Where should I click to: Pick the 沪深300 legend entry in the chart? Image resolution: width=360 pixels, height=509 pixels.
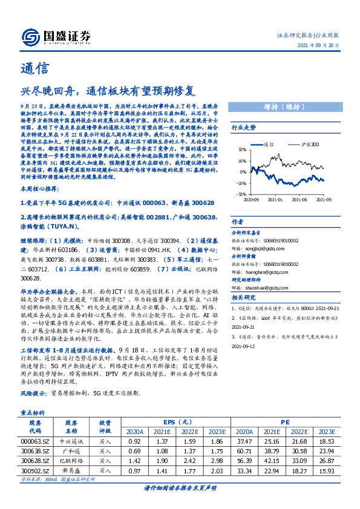[x=293, y=145]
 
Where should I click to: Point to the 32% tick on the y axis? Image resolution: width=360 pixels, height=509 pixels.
[x=241, y=150]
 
